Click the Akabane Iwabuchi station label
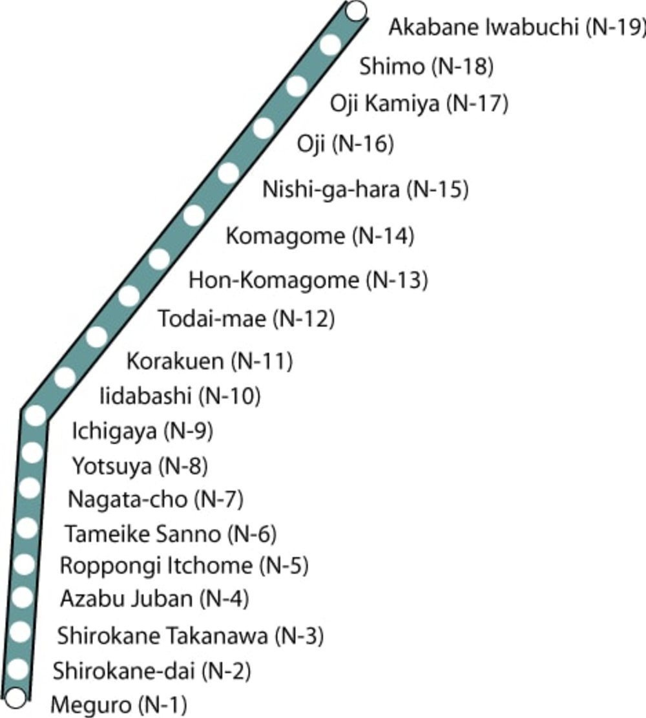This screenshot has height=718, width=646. (517, 28)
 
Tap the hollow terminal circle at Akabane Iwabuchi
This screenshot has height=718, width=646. (356, 10)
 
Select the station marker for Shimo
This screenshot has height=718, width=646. (330, 45)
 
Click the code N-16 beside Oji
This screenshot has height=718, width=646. (362, 144)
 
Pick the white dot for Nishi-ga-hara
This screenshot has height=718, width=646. (228, 173)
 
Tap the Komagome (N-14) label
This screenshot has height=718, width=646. (319, 237)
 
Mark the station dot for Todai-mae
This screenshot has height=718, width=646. (129, 295)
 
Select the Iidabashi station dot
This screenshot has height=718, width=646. (65, 377)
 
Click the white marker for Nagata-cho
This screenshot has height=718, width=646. (28, 487)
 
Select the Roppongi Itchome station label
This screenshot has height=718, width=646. (183, 566)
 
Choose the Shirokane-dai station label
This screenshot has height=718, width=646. (151, 671)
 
